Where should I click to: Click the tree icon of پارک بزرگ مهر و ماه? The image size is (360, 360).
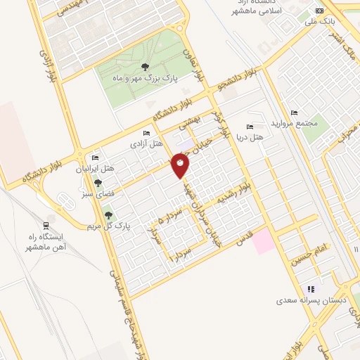(145, 67)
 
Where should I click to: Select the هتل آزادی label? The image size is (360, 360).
(146, 143)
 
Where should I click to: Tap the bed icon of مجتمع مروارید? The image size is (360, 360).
(294, 112)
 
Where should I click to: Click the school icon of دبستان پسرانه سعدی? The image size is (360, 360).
(310, 288)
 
